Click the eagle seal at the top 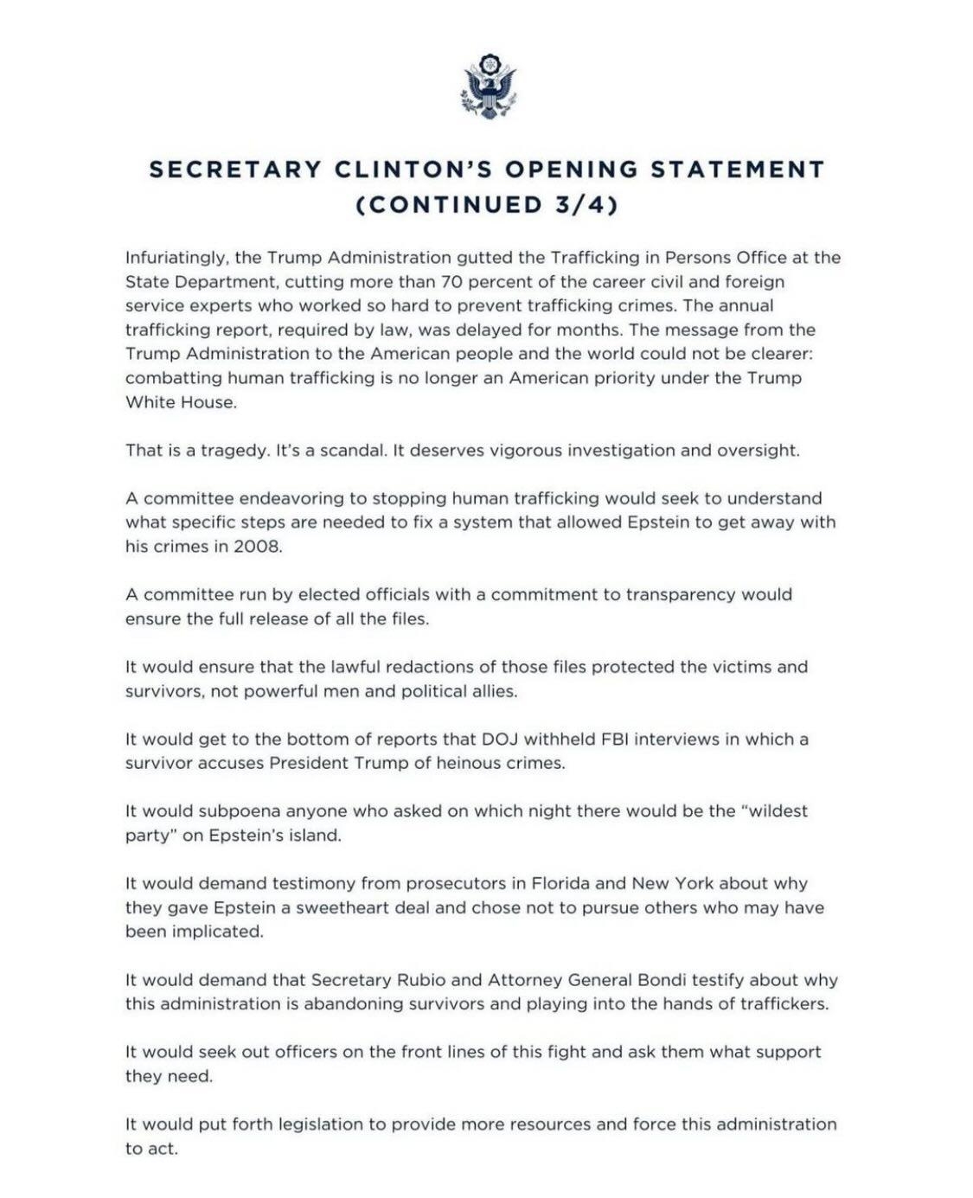coord(488,86)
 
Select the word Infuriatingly coord(176,258)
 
